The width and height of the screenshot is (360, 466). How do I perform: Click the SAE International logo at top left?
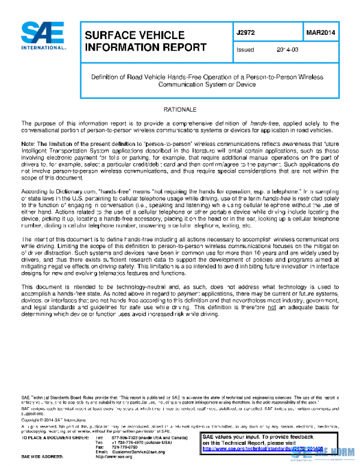[43, 37]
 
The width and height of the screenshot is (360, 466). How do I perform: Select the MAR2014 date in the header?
[319, 34]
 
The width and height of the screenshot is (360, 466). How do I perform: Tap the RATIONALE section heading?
[180, 110]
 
